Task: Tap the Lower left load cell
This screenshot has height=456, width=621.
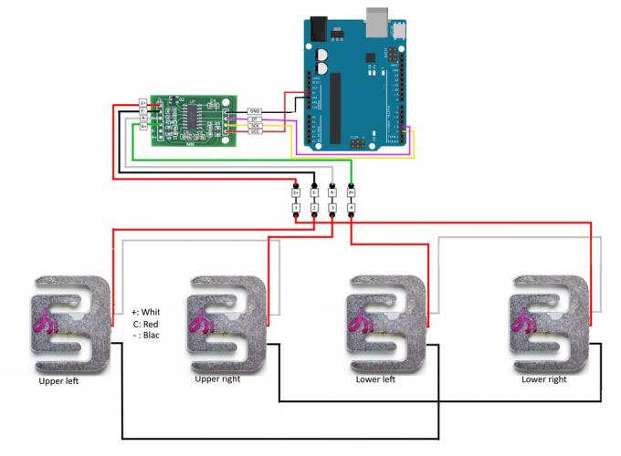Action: pos(387,324)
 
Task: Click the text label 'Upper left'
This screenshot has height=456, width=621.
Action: pos(58,380)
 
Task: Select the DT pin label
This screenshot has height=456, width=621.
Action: pos(255,119)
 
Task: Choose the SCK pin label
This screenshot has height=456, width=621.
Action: pos(255,127)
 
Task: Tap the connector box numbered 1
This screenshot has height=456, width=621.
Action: pos(296,209)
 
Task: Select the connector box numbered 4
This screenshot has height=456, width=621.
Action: pos(351,209)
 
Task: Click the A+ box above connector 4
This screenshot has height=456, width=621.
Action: pos(351,192)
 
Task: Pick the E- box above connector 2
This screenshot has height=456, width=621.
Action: pos(314,192)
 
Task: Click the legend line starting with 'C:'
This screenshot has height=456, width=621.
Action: pos(146,324)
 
